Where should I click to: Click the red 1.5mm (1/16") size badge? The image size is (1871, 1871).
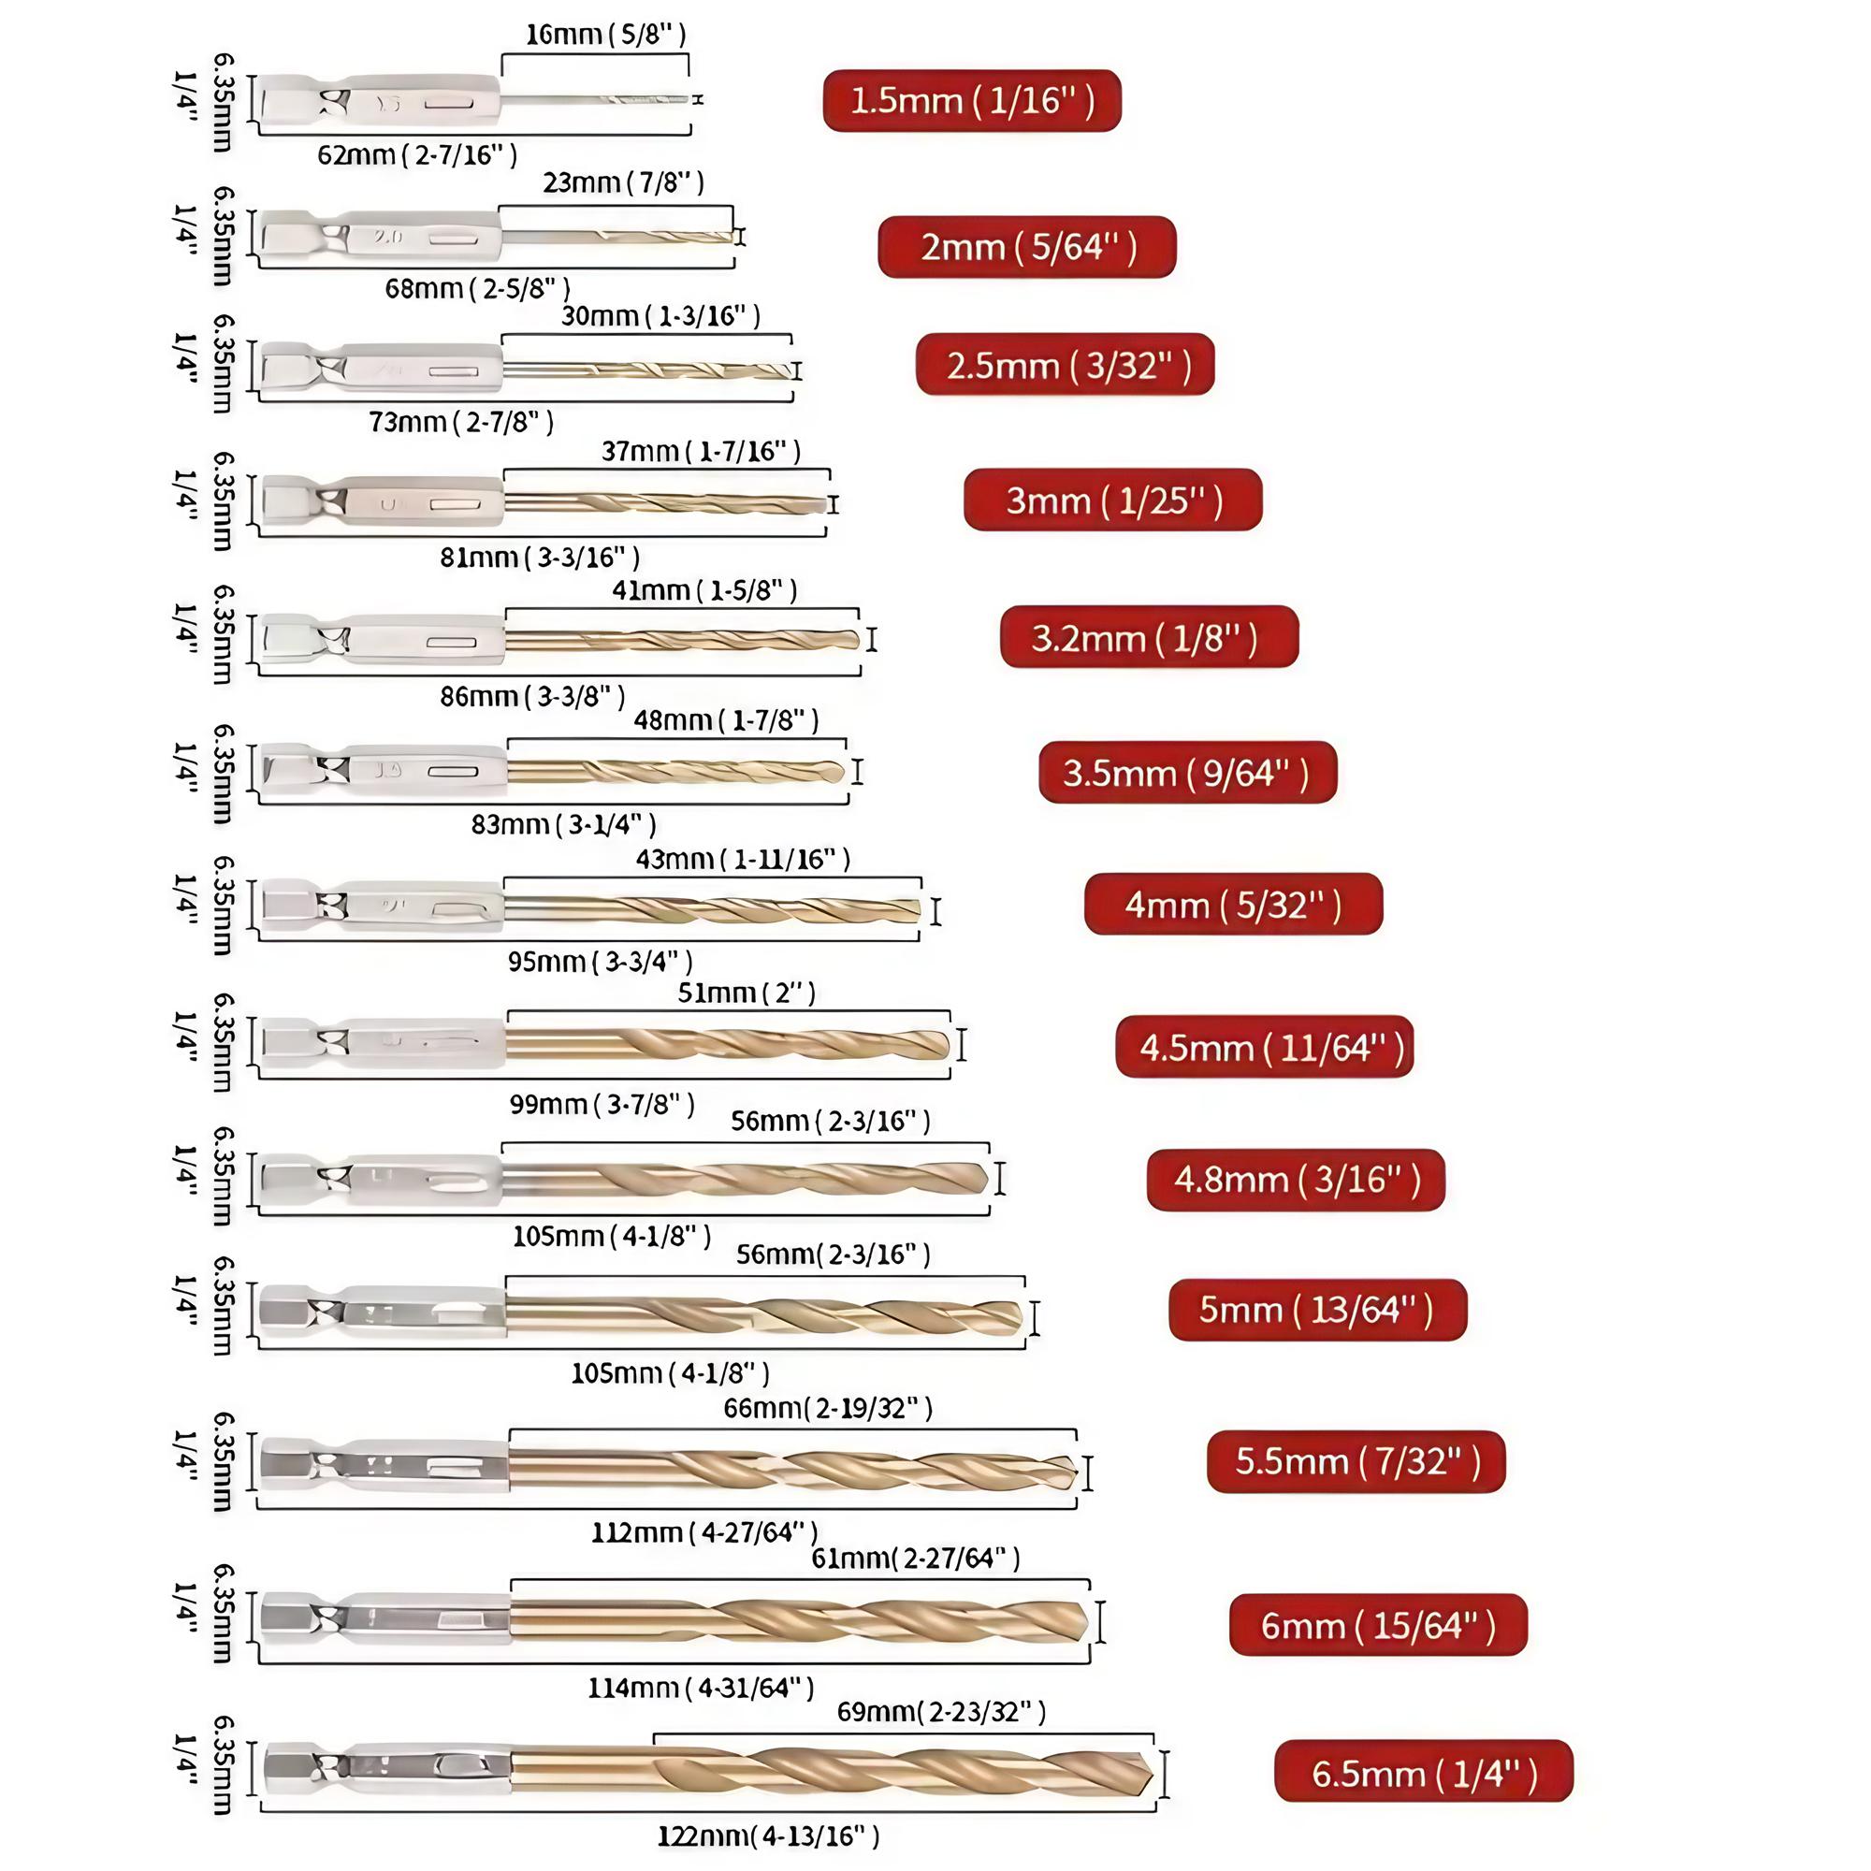point(971,101)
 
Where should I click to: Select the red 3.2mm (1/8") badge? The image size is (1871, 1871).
point(1149,638)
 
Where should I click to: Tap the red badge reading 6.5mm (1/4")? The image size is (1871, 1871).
point(1424,1773)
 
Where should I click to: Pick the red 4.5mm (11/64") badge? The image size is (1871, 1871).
point(1265,1047)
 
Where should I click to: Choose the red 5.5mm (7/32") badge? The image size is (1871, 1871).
point(1356,1461)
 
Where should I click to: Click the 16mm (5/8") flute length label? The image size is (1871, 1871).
point(605,35)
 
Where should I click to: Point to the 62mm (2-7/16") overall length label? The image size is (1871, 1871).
point(417,155)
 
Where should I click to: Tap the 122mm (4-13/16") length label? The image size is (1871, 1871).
point(768,1836)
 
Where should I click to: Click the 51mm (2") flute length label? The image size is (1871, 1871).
point(747,994)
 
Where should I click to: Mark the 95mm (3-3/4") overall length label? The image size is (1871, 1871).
point(601,962)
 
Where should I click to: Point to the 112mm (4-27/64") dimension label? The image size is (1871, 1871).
point(704,1532)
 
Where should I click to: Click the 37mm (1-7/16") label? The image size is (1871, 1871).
point(701,451)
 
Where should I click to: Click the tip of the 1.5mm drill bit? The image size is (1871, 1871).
point(686,99)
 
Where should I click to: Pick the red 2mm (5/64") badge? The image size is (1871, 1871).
point(1026,247)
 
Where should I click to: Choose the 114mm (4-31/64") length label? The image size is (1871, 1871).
point(700,1688)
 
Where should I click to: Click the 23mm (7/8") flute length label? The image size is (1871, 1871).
point(623,183)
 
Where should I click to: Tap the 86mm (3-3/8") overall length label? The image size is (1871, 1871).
point(532,696)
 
